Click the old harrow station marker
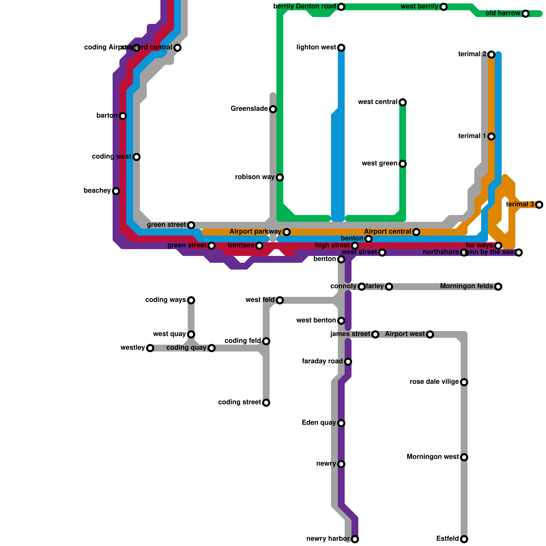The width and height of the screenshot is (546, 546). pyautogui.click(x=526, y=14)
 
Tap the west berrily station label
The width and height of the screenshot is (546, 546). pyautogui.click(x=419, y=6)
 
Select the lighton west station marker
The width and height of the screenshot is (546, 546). pyautogui.click(x=341, y=48)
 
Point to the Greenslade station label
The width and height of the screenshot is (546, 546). pyautogui.click(x=249, y=109)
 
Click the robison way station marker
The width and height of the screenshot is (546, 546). pyautogui.click(x=280, y=177)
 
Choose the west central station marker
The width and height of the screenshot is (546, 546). pyautogui.click(x=403, y=102)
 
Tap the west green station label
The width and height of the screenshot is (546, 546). pyautogui.click(x=379, y=163)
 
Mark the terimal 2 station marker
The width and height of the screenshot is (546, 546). pyautogui.click(x=491, y=55)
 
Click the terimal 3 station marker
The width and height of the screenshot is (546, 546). pyautogui.click(x=539, y=205)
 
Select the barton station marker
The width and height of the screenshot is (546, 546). pyautogui.click(x=123, y=116)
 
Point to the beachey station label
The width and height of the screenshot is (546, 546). pyautogui.click(x=97, y=191)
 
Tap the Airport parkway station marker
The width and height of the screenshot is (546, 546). pyautogui.click(x=287, y=232)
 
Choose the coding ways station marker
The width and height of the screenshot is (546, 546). pyautogui.click(x=191, y=300)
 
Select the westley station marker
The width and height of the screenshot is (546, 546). pyautogui.click(x=150, y=348)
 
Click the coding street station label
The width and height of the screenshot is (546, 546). pyautogui.click(x=240, y=402)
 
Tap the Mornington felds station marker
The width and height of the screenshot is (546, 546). pyautogui.click(x=498, y=287)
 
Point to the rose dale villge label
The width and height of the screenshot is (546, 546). pyautogui.click(x=434, y=382)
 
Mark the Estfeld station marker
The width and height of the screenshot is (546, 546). pyautogui.click(x=464, y=539)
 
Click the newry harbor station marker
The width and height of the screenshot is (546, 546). pyautogui.click(x=355, y=539)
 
